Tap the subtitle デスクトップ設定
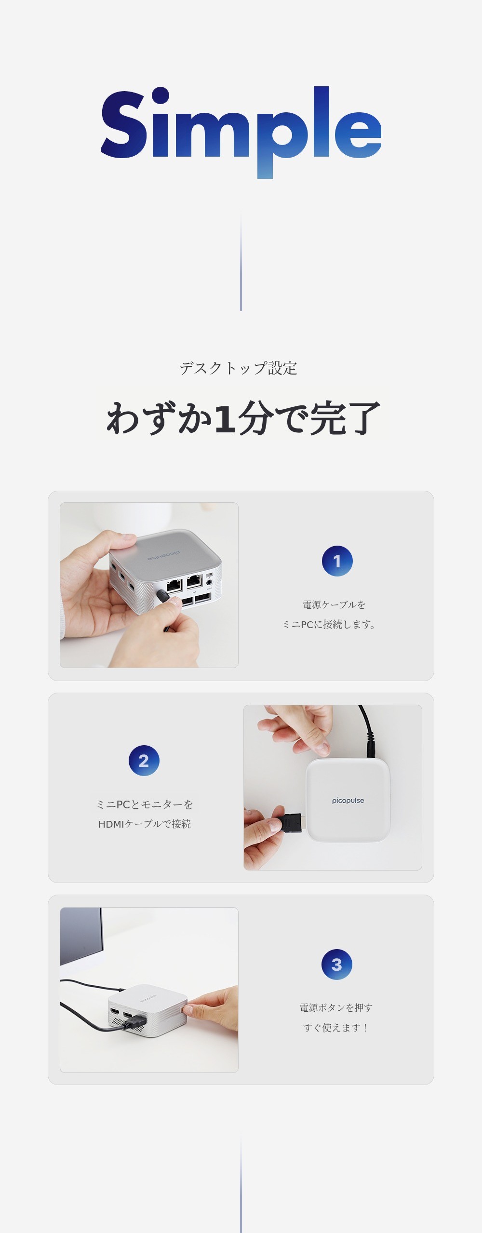click(239, 368)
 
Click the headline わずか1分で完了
click(243, 418)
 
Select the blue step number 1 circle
click(337, 561)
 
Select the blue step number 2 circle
click(144, 761)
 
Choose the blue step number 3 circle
click(337, 965)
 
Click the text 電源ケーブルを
click(334, 604)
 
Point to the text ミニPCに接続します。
click(329, 624)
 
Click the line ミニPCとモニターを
click(145, 804)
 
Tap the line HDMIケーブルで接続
click(145, 824)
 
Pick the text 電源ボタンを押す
click(336, 1007)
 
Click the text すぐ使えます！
click(335, 1027)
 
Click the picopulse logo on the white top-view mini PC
click(348, 801)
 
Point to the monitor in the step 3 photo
click(81, 936)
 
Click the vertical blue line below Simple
click(241, 260)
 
